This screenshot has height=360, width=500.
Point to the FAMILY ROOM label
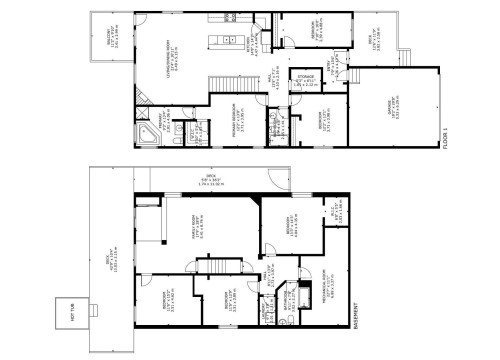click(x=199, y=236)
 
